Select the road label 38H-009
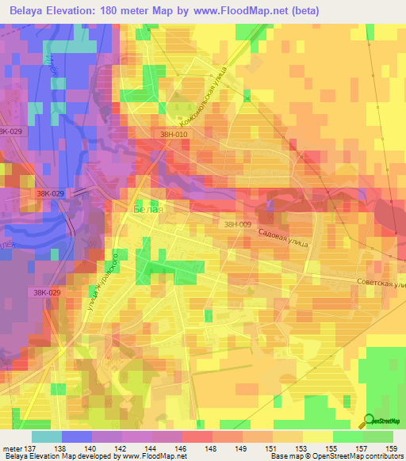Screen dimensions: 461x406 tap(237, 225)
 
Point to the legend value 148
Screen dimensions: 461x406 tap(209, 448)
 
